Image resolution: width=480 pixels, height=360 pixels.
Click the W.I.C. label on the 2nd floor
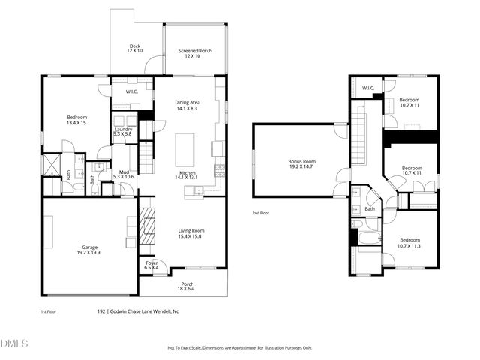368,88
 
